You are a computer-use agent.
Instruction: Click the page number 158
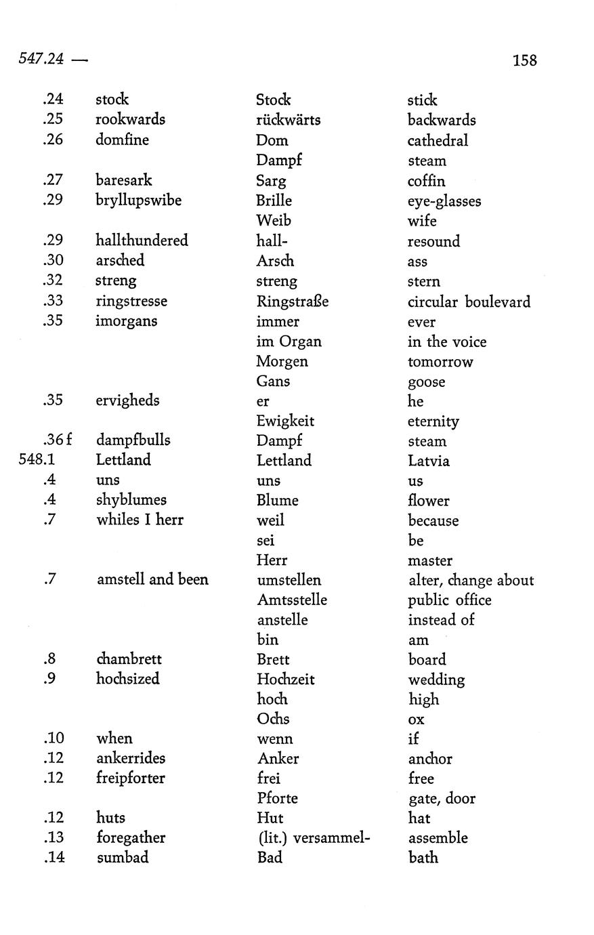524,60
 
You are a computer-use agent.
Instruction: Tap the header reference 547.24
41,59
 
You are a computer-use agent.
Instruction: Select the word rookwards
130,119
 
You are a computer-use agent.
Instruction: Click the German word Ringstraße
292,301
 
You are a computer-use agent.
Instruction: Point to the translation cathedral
438,141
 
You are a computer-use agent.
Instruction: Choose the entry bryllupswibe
138,201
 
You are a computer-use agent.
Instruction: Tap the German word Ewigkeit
284,421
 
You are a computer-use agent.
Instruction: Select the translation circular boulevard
469,302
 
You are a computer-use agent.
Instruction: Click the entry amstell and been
152,579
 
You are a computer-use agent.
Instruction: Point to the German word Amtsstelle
292,600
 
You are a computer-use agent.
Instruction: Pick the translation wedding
436,680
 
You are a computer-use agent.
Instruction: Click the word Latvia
429,461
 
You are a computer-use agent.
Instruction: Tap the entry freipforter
131,778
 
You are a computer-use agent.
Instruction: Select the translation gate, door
442,798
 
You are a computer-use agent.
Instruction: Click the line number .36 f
58,440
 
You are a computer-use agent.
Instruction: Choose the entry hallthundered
142,241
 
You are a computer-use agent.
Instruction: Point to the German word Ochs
273,719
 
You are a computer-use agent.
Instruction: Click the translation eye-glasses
444,201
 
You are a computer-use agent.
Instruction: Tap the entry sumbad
122,857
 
